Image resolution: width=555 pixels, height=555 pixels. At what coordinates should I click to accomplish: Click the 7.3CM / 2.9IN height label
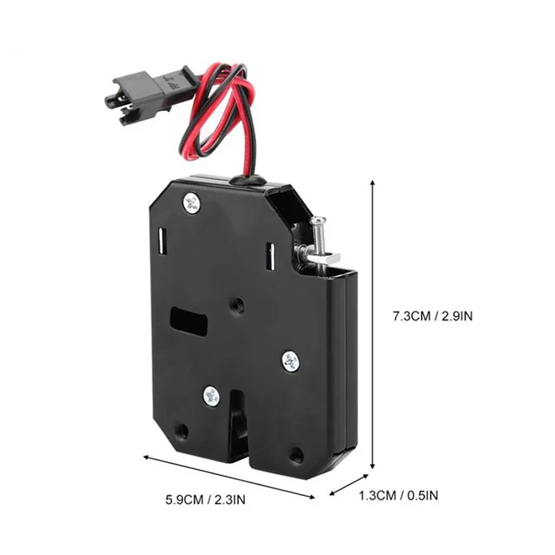click(432, 316)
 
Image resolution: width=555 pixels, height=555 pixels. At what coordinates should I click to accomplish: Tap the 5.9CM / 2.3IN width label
click(205, 499)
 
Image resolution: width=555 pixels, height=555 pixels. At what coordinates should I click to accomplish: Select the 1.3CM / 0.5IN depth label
click(398, 495)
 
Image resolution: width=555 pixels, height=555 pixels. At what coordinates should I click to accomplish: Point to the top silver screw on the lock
click(192, 203)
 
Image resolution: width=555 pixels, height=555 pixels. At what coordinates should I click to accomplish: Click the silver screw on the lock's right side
click(291, 361)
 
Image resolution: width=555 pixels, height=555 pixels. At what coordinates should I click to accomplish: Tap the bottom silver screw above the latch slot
click(212, 395)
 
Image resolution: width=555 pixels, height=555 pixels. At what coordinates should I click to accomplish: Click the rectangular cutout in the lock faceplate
click(189, 321)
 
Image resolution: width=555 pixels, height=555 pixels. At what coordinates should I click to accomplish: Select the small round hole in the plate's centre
click(237, 305)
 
